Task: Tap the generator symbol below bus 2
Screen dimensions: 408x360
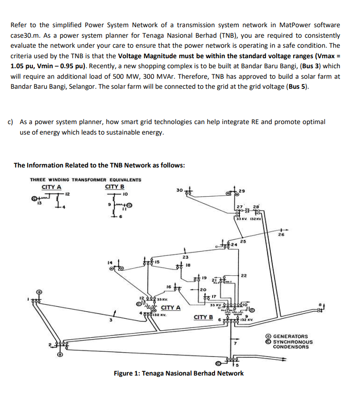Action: pyautogui.click(x=60, y=356)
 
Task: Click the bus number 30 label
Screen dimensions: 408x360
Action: pyautogui.click(x=179, y=190)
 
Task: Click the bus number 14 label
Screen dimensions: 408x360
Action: pyautogui.click(x=111, y=262)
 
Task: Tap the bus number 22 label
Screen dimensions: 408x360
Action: pyautogui.click(x=244, y=276)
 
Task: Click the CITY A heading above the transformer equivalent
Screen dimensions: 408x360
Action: pyautogui.click(x=51, y=186)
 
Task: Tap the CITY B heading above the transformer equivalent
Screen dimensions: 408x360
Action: pyautogui.click(x=114, y=186)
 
